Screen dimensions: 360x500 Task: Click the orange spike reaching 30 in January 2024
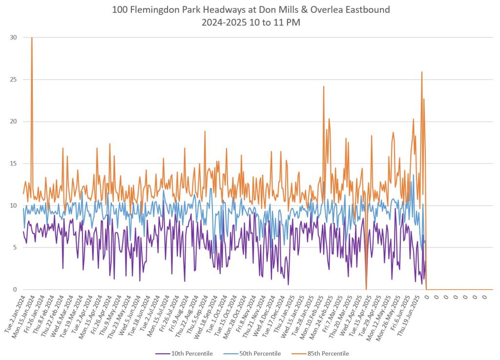click(32, 38)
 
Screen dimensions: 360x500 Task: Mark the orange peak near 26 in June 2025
click(421, 72)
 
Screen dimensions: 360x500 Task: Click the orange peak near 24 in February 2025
click(323, 86)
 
